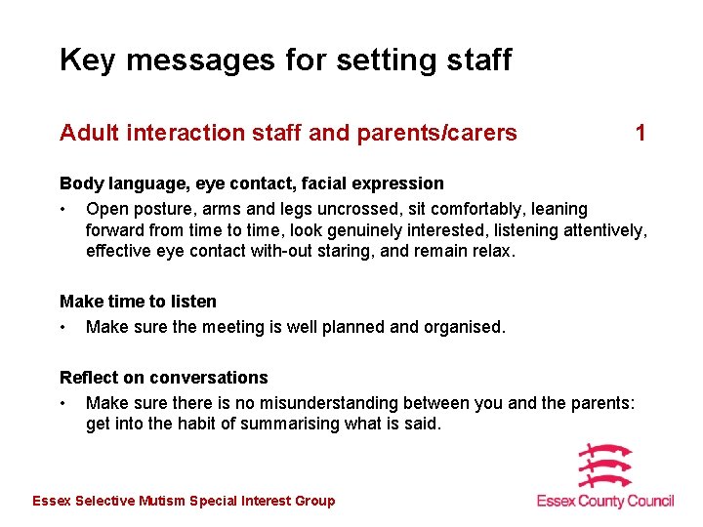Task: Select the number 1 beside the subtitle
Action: [x=641, y=133]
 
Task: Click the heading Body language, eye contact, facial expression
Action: [x=251, y=183]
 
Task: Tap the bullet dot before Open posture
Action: [x=63, y=210]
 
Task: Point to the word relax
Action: [x=493, y=250]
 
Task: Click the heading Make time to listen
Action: [x=138, y=302]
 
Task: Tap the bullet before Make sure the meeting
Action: [x=63, y=328]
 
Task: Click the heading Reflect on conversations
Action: [x=163, y=378]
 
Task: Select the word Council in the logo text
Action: [x=647, y=501]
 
